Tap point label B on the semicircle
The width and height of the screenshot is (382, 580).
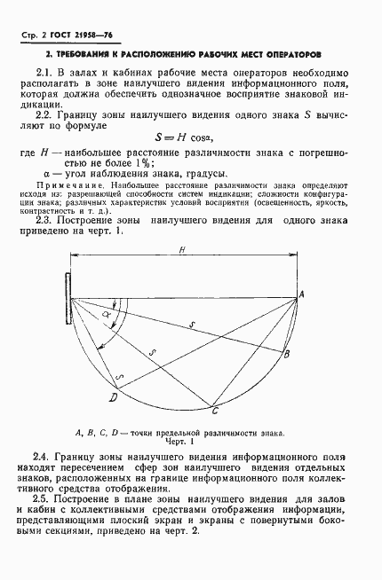(287, 355)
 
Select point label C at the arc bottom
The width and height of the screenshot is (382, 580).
(214, 411)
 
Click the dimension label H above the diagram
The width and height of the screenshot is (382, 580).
(181, 251)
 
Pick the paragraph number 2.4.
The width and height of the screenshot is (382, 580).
(45, 454)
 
